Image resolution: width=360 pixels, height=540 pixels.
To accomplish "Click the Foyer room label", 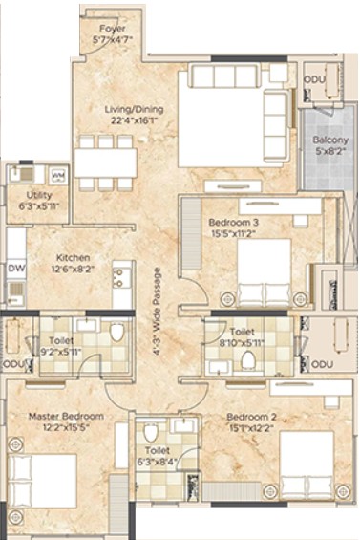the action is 113,29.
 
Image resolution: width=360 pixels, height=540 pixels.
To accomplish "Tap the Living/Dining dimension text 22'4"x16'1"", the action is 135,120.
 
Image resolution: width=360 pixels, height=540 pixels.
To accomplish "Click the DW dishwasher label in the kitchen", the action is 16,268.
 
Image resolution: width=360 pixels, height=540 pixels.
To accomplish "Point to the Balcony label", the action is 330,140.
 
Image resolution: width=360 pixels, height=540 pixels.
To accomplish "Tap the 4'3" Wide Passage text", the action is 157,312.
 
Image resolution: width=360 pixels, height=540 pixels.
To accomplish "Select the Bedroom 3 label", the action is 234,222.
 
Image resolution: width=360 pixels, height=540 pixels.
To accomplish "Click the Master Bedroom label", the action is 66,416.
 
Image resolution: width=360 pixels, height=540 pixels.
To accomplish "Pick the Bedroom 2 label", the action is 251,417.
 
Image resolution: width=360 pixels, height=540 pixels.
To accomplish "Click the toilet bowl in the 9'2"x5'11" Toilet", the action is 116,332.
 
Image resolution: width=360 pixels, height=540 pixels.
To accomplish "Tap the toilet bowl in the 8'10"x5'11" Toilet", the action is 248,360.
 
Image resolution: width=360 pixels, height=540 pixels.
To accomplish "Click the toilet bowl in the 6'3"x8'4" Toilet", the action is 151,433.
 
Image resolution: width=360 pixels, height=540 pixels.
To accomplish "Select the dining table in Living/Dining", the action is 106,162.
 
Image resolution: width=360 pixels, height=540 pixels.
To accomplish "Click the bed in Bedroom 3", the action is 264,272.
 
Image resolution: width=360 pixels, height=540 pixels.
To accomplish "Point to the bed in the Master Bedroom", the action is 42,481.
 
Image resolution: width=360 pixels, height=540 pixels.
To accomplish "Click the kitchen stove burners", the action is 118,277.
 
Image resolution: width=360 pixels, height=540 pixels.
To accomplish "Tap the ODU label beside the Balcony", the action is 314,79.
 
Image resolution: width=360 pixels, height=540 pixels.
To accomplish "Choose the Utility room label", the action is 39,195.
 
